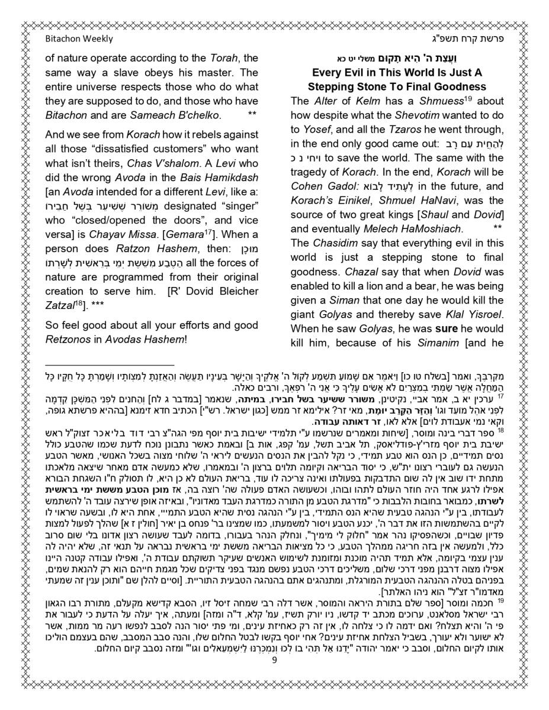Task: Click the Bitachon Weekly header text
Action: pos(79,39)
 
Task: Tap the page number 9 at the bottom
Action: pos(274,661)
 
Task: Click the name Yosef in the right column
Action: pos(318,130)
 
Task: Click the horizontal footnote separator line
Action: pos(110,365)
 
